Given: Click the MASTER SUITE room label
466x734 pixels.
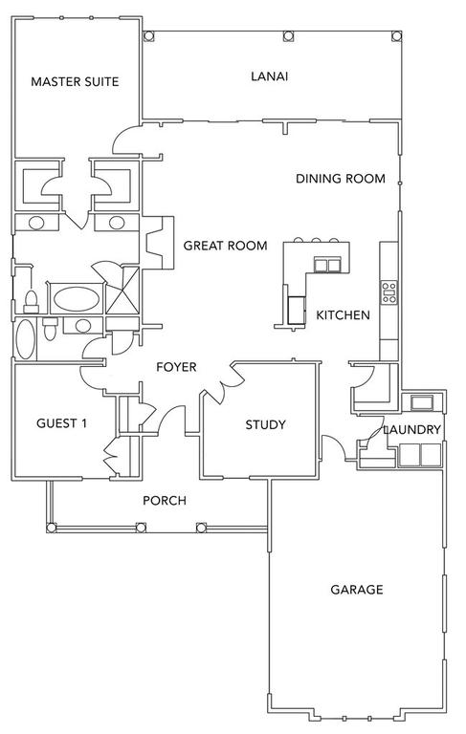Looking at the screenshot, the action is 75,81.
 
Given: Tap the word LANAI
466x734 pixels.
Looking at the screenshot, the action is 270,76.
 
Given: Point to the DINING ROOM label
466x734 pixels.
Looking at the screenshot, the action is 341,179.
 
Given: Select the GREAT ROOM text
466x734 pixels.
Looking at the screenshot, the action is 225,246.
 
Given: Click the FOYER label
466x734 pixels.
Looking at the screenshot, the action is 176,367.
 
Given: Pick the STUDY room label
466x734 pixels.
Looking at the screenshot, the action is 265,424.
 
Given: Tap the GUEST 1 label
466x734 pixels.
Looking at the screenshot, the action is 61,423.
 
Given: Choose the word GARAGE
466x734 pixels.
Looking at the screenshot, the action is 357,590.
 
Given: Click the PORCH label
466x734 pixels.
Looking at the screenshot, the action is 165,501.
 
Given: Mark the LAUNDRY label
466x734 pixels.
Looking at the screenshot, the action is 412,430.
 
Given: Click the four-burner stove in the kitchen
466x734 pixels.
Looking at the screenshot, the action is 388,292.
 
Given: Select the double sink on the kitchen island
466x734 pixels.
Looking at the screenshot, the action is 326,266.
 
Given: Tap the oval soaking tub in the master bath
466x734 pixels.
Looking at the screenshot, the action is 77,298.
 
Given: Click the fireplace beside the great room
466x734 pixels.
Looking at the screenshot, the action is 158,243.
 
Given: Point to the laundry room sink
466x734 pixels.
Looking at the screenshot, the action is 422,402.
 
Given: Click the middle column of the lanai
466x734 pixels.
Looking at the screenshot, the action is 289,36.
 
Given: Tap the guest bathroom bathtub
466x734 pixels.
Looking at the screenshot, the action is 25,339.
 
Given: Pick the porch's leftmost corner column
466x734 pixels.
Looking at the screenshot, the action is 52,528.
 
